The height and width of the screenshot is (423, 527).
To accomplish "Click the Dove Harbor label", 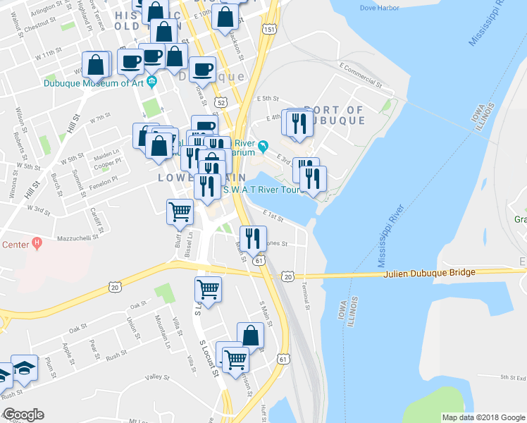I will coord(379,8).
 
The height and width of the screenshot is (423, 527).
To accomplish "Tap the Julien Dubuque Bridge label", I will coord(430,272).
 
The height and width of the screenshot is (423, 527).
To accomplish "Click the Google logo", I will coord(23,415).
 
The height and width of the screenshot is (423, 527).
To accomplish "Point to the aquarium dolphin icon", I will coord(263,146).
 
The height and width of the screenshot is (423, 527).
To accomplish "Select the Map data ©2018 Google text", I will coord(483,417).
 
